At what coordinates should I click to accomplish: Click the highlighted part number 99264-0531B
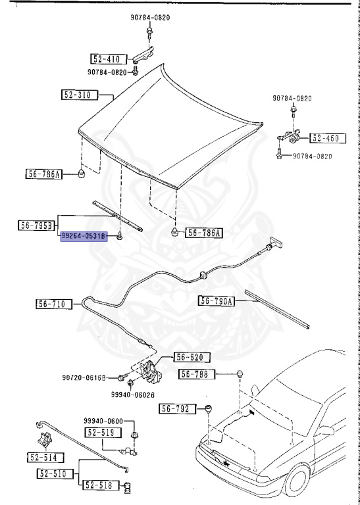tap(84, 235)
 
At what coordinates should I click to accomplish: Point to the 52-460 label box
tap(324, 139)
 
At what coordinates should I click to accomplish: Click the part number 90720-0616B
tap(84, 378)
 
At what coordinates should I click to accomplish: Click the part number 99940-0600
tap(103, 421)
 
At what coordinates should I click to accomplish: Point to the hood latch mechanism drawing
tap(154, 372)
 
